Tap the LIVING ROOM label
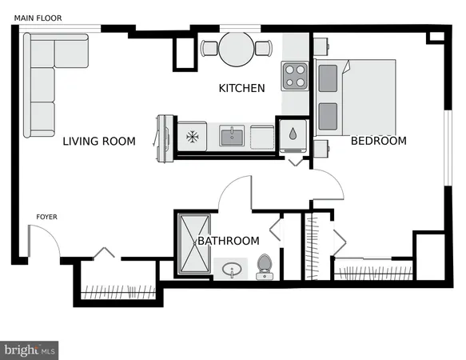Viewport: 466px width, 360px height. [99, 142]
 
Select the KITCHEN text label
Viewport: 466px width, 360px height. [241, 88]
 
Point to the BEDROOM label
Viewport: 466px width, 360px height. [379, 141]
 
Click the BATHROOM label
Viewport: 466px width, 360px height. [229, 241]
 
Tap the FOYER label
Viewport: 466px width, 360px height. [46, 217]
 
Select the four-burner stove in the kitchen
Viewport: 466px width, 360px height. [294, 76]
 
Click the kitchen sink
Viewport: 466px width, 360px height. [232, 136]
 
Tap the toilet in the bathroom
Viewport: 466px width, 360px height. [265, 266]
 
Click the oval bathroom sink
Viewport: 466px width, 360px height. [232, 269]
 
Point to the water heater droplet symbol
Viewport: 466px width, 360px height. [293, 134]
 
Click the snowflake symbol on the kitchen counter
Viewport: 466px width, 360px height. [191, 136]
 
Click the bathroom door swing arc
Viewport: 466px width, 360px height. [237, 194]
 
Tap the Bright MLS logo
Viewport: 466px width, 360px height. [30, 350]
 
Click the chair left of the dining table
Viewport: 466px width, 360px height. [209, 49]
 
